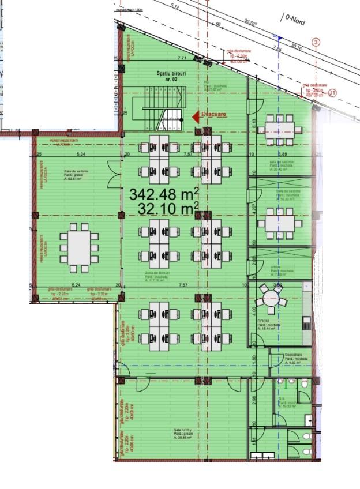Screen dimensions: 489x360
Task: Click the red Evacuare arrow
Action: (x=196, y=116)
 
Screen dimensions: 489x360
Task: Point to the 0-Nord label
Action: (x=293, y=19)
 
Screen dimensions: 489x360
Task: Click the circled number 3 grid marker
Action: (x=316, y=42)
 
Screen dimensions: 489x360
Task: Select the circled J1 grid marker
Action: (x=332, y=92)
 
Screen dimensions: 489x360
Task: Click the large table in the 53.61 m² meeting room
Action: (x=79, y=247)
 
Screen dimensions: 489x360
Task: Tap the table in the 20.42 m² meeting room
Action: (x=280, y=130)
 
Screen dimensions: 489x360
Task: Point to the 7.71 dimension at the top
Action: (x=182, y=58)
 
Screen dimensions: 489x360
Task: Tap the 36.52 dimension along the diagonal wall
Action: (x=249, y=22)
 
